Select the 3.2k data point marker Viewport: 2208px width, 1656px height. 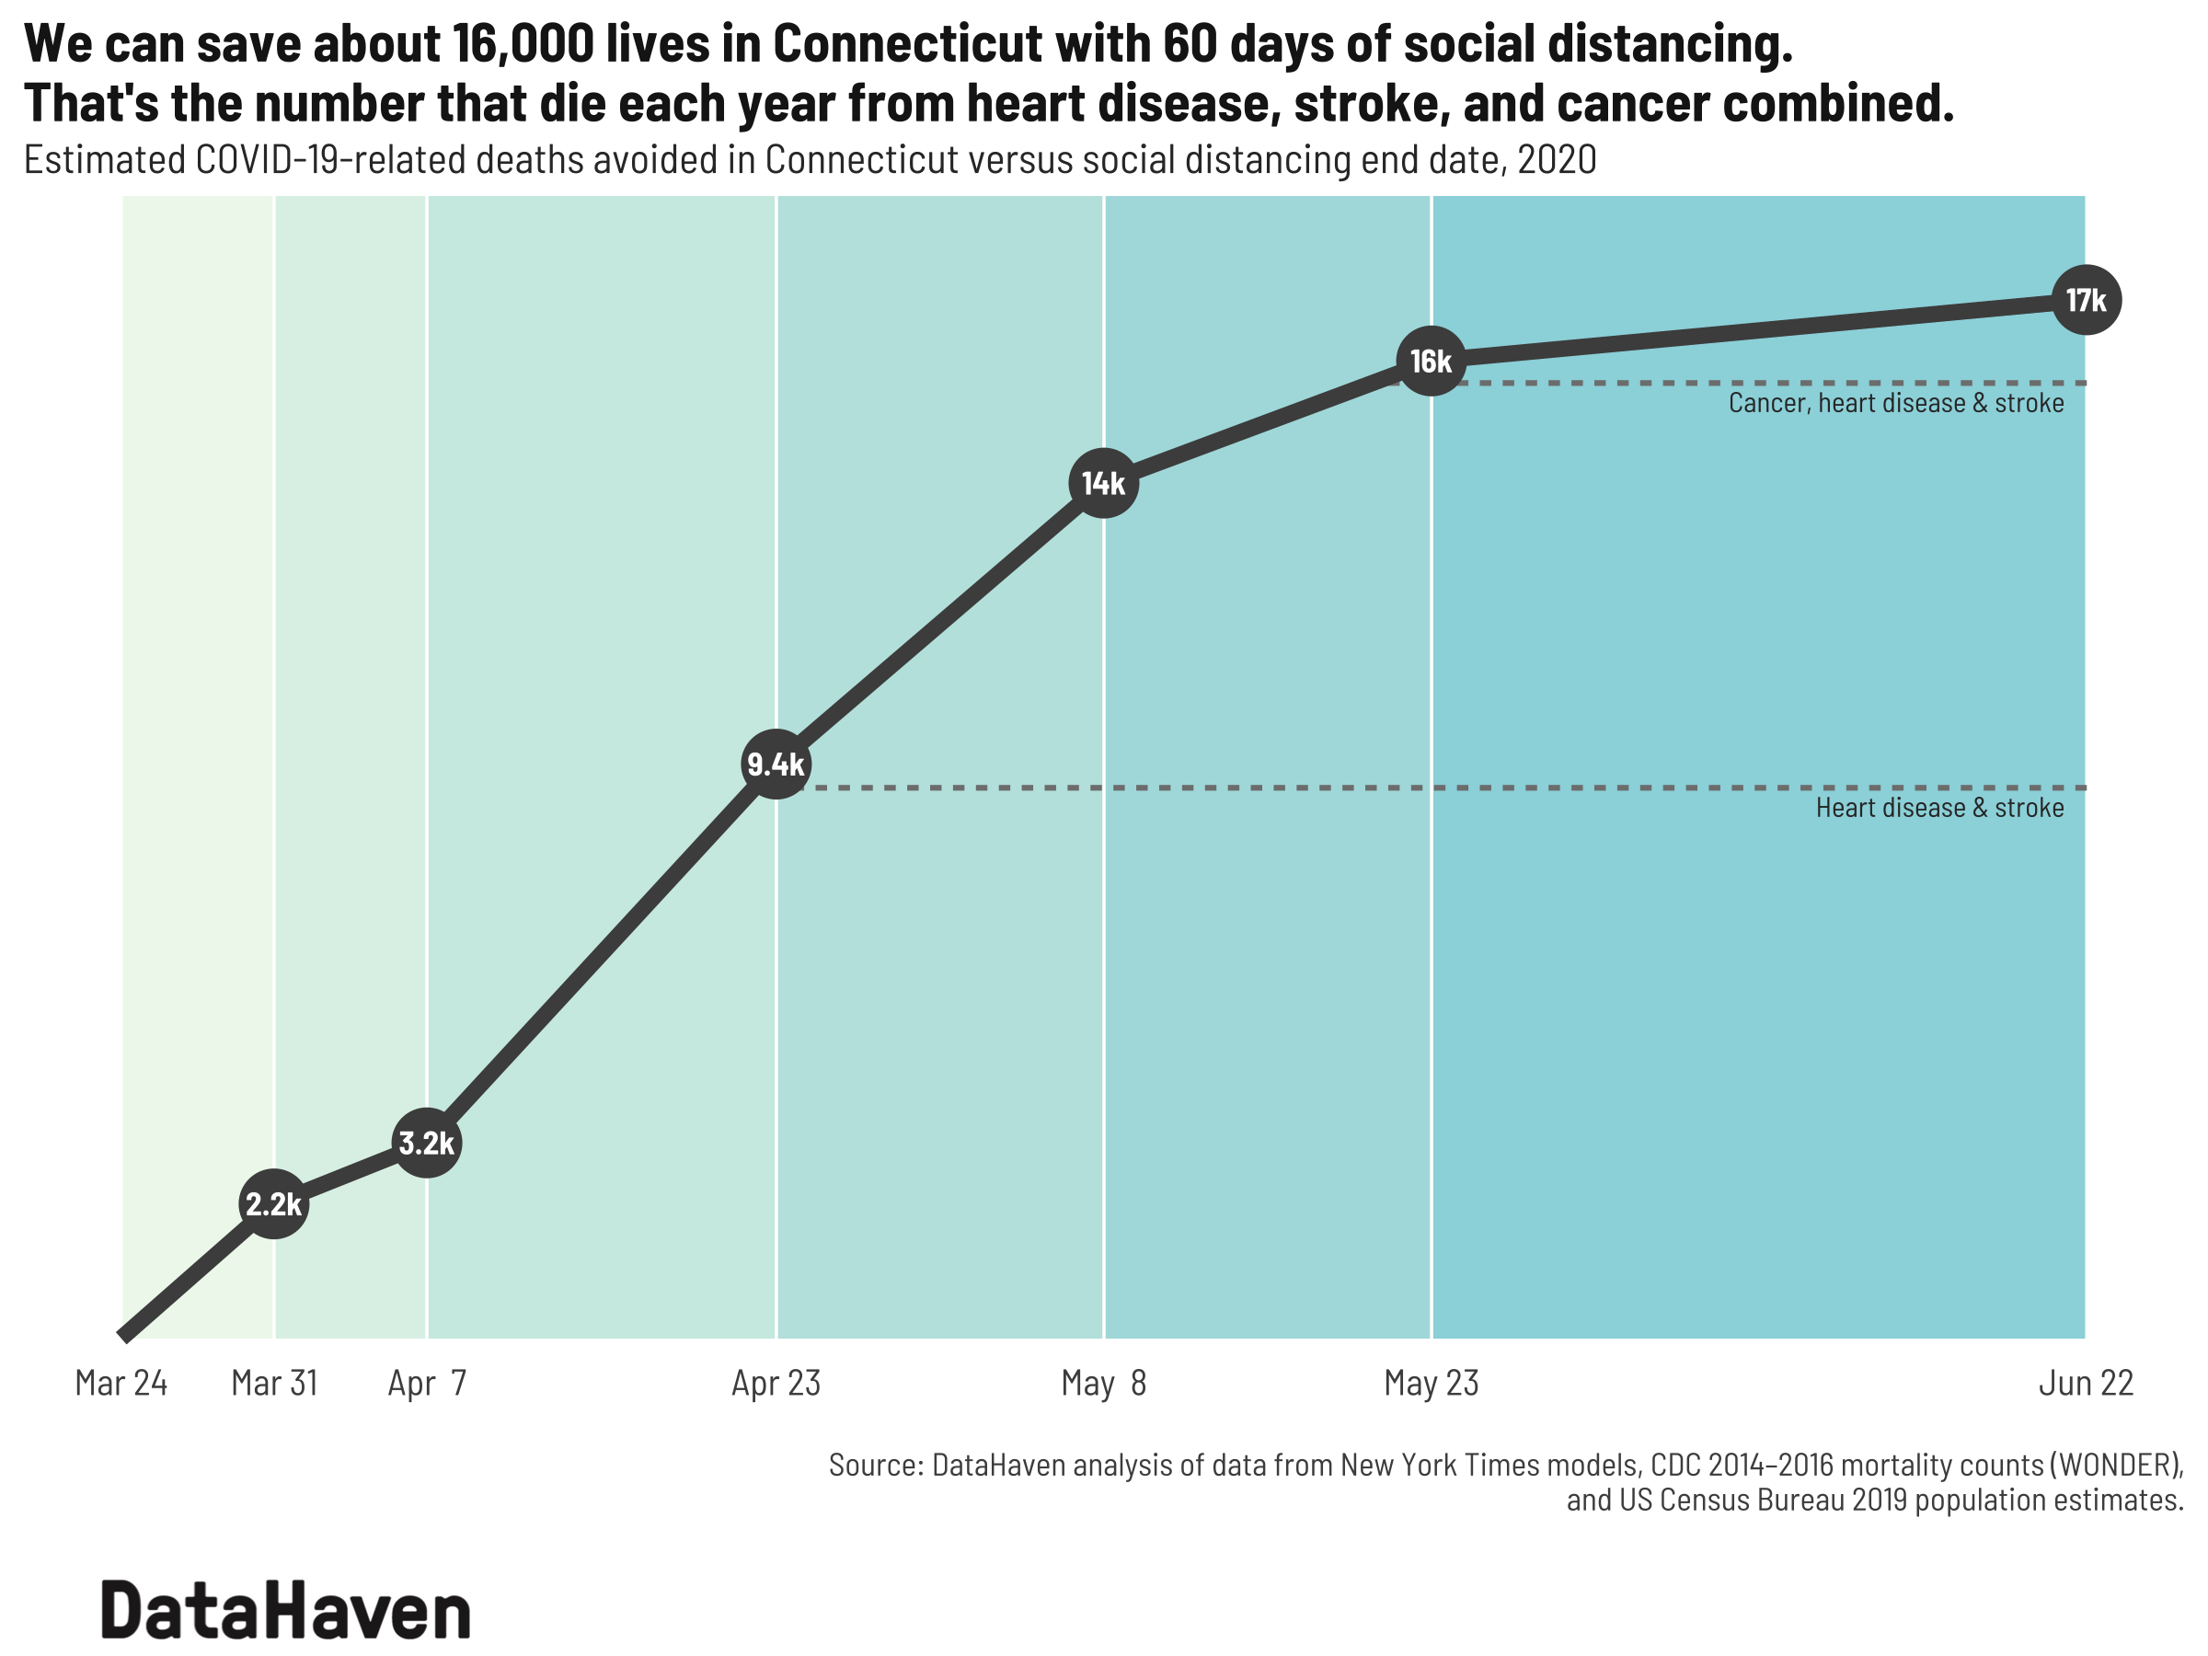pyautogui.click(x=426, y=1143)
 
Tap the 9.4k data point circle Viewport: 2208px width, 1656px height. pyautogui.click(x=776, y=765)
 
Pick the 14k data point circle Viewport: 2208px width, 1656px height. pyautogui.click(x=1103, y=483)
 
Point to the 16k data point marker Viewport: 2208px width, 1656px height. pyautogui.click(x=1431, y=362)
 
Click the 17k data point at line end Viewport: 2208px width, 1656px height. pyautogui.click(x=2086, y=299)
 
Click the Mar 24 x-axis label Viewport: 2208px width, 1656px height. pyautogui.click(x=121, y=1384)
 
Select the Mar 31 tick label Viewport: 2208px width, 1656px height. pyautogui.click(x=273, y=1384)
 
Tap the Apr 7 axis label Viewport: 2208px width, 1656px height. pyautogui.click(x=426, y=1384)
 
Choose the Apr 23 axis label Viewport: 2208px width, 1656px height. pyautogui.click(x=776, y=1384)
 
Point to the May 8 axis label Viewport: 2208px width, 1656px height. pyautogui.click(x=1103, y=1384)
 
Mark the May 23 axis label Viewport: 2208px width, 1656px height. pyautogui.click(x=1431, y=1384)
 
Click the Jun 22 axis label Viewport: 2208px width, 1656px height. pyautogui.click(x=2086, y=1384)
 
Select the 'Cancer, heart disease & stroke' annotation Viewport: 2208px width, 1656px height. pyautogui.click(x=1895, y=403)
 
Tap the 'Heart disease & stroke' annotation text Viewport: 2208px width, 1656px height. pyautogui.click(x=1938, y=808)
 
